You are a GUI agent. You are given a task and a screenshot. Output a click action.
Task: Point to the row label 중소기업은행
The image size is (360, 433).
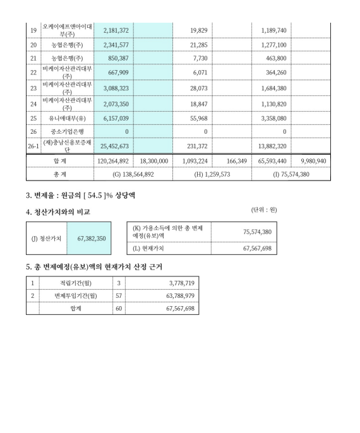coord(64,131)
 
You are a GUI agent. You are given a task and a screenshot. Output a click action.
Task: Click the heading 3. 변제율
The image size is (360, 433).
coord(44,194)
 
